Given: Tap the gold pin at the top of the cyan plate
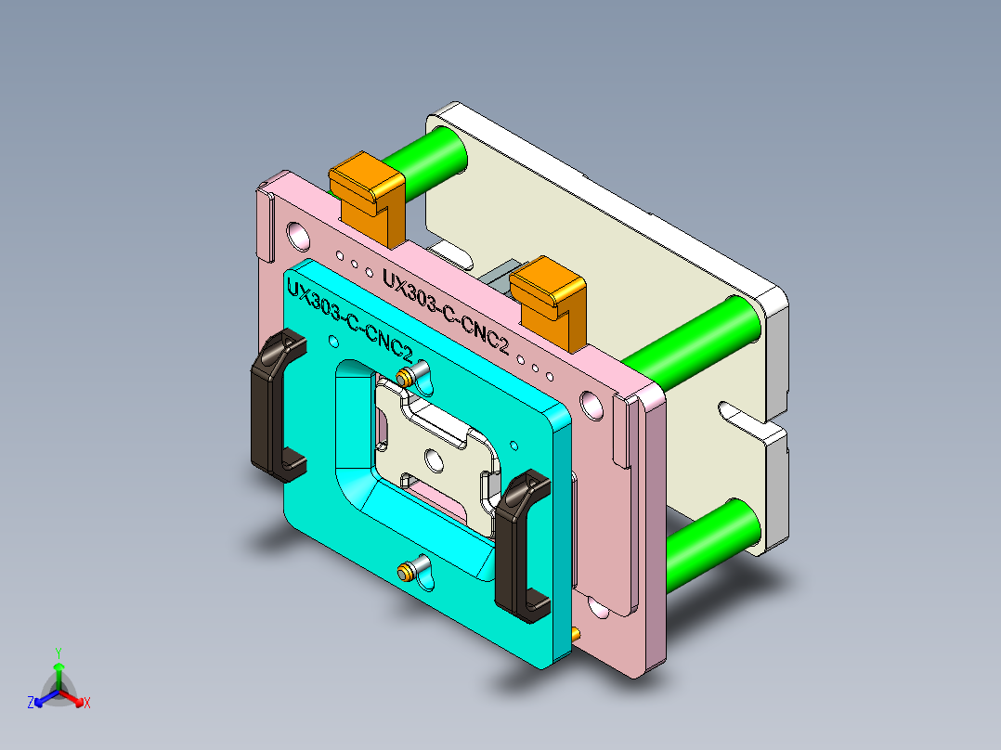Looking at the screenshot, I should coord(406,376).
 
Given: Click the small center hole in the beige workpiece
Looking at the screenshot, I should coord(432,458).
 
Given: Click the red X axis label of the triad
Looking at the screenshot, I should coord(87,704).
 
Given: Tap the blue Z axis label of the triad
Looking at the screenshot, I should coord(31,704).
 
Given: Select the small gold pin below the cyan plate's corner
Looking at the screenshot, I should coord(576,634).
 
